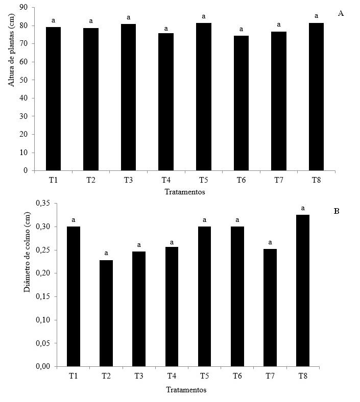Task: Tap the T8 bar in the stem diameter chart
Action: (x=303, y=290)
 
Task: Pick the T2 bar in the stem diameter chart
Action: (x=106, y=313)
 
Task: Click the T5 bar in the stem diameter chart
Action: (x=204, y=296)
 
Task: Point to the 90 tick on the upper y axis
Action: (x=23, y=8)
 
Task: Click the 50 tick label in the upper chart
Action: (x=23, y=80)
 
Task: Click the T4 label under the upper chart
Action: (x=166, y=180)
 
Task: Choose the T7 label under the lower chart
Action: (x=270, y=376)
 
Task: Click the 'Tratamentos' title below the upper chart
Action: (x=185, y=192)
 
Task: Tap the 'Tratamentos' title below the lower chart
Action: (x=186, y=389)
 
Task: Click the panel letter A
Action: (x=341, y=13)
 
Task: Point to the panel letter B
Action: (x=337, y=211)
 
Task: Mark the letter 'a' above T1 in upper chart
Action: (x=53, y=20)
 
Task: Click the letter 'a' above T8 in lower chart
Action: (x=303, y=208)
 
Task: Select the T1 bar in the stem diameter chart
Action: (x=73, y=296)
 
